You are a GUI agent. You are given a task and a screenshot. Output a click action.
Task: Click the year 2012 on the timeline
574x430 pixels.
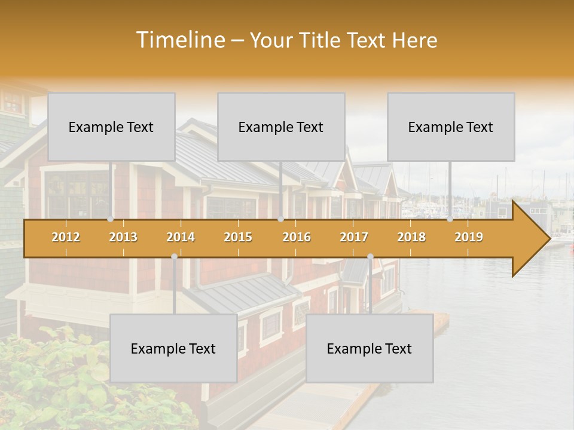pyautogui.click(x=66, y=237)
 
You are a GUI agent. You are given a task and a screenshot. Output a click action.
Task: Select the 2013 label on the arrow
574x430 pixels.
pyautogui.click(x=123, y=237)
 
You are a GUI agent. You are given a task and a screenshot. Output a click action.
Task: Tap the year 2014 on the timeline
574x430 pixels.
pyautogui.click(x=181, y=237)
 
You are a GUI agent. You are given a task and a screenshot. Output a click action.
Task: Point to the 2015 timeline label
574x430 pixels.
pyautogui.click(x=238, y=237)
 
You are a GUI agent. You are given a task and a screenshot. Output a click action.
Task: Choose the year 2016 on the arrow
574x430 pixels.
pyautogui.click(x=297, y=237)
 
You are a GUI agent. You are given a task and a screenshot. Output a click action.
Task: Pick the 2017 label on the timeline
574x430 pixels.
pyautogui.click(x=354, y=237)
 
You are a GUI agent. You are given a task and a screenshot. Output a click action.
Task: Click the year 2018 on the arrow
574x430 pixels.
pyautogui.click(x=411, y=237)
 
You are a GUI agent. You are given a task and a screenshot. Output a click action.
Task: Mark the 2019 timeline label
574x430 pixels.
pyautogui.click(x=469, y=237)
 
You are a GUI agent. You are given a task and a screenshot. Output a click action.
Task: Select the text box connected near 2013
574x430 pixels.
pyautogui.click(x=111, y=127)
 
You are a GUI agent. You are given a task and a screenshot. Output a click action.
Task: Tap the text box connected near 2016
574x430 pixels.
pyautogui.click(x=281, y=127)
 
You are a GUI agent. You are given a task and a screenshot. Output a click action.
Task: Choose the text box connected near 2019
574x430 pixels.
pyautogui.click(x=451, y=127)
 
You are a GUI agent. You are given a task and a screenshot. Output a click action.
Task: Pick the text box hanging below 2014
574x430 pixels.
pyautogui.click(x=173, y=348)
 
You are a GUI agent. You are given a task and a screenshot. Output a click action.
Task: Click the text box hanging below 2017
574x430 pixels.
pyautogui.click(x=370, y=348)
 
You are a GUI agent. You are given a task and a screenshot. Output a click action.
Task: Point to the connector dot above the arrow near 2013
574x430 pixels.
pyautogui.click(x=111, y=219)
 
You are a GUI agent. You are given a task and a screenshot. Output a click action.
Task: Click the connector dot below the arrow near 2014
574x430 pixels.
pyautogui.click(x=174, y=256)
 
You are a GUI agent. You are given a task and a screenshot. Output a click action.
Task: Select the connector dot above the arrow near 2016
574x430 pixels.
pyautogui.click(x=280, y=219)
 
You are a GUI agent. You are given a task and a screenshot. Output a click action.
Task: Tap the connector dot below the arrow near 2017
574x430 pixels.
pyautogui.click(x=370, y=256)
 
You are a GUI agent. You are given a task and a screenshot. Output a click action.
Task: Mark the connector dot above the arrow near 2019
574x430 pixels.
pyautogui.click(x=450, y=219)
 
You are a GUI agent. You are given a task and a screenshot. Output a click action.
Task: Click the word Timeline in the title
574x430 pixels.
pyautogui.click(x=179, y=40)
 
